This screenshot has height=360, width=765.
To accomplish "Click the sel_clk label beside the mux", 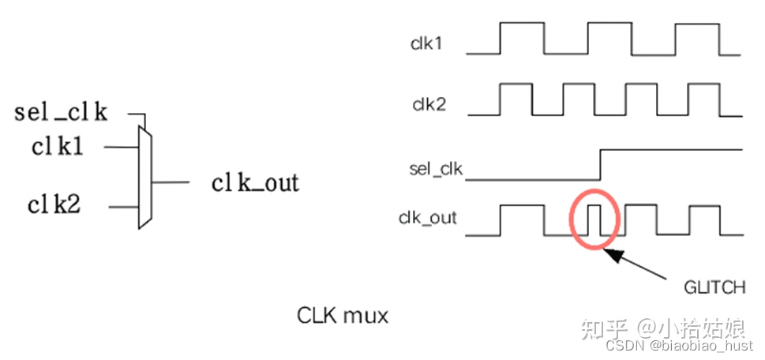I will (60, 112).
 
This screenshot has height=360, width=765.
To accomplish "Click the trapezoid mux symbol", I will (144, 178).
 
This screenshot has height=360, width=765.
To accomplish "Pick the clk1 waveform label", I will (426, 43).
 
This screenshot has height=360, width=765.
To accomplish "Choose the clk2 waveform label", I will (429, 103).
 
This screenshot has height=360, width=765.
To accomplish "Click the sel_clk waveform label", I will (435, 168).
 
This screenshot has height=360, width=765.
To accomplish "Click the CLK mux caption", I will (343, 315).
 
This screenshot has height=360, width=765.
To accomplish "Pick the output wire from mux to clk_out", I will (170, 182).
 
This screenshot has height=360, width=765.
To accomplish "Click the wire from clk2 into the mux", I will (123, 208).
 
